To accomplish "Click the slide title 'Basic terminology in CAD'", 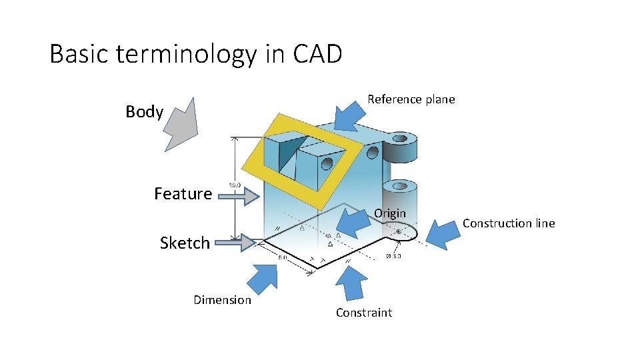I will click(195, 54).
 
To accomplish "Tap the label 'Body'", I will click(144, 112).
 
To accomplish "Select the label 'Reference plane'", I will click(411, 99).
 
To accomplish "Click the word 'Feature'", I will click(183, 194).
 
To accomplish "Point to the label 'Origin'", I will click(390, 213).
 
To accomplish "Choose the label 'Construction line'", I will click(509, 223).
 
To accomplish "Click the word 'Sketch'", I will click(185, 243).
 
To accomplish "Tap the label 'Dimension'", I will click(222, 300).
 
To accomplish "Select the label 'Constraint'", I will click(363, 313).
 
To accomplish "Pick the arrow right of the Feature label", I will click(239, 196).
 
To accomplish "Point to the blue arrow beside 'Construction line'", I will click(441, 234).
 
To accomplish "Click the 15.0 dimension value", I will click(235, 185).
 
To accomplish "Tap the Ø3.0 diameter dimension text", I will click(393, 255).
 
